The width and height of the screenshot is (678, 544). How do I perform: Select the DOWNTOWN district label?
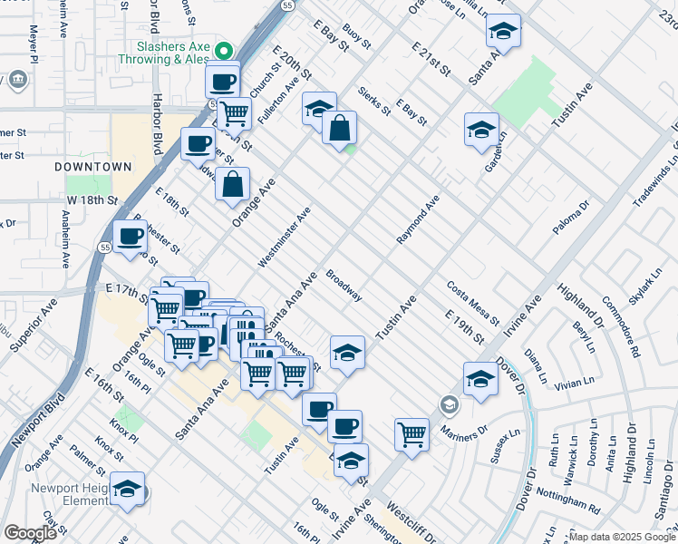coord(92,167)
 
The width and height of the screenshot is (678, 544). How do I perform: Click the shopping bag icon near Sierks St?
coord(339,128)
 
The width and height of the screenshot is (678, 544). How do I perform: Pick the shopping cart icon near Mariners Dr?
coord(412,434)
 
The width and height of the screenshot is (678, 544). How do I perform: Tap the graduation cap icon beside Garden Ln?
coord(482,130)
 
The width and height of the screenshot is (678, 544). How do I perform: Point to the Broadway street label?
coord(344,285)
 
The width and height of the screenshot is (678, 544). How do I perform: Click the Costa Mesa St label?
coord(472,303)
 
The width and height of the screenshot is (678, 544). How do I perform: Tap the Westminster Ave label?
coord(284,237)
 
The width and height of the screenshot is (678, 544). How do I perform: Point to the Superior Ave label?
coord(34,323)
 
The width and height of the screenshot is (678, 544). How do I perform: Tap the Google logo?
coord(30,533)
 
